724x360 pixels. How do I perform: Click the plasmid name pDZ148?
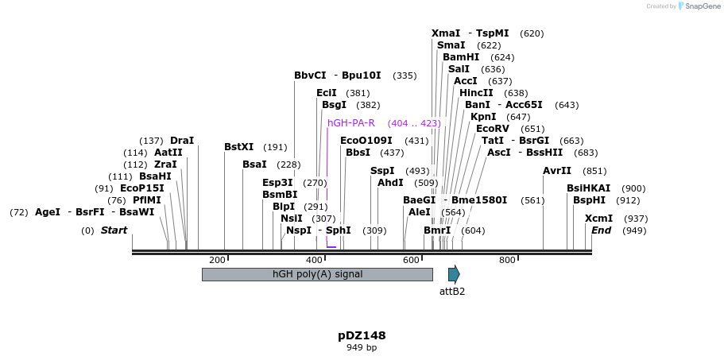tap(362, 335)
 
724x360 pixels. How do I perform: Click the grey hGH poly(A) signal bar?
tap(317, 274)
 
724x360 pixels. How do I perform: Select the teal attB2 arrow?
tap(454, 274)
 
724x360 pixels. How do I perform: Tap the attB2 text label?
tap(452, 292)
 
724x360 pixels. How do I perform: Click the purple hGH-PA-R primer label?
tap(350, 123)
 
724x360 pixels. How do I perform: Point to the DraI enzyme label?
tap(182, 141)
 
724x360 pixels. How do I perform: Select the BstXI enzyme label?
tap(238, 147)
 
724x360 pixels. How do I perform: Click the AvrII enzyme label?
tap(557, 171)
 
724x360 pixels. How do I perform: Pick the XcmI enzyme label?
tap(598, 219)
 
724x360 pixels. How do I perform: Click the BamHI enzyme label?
tap(461, 57)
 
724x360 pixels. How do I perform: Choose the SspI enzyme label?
tap(382, 171)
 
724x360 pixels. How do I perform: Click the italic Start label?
tap(114, 230)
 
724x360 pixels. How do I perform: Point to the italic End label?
tap(602, 230)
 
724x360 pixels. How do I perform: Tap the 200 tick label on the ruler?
tap(217, 260)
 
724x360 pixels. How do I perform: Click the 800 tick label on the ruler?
tap(507, 260)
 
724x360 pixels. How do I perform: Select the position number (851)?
tap(594, 171)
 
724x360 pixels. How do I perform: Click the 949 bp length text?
tap(362, 347)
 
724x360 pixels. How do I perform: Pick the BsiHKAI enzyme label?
tap(589, 188)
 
